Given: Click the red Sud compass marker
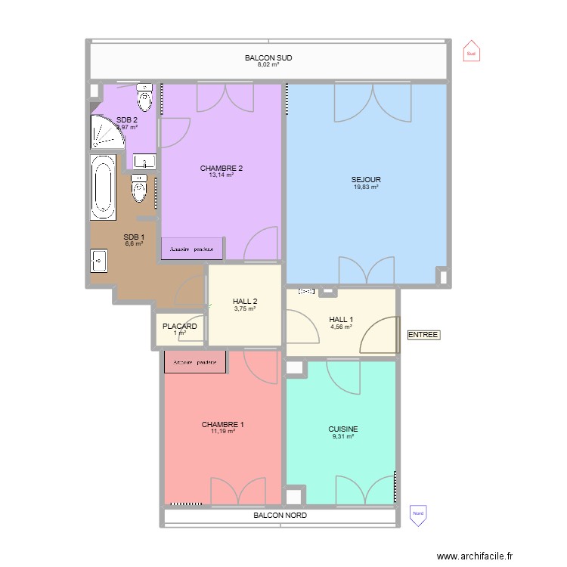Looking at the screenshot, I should pos(471,51).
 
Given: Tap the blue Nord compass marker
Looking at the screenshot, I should pos(417,515).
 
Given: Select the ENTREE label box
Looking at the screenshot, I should pos(423,335).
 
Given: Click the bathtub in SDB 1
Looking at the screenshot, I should pos(102,187).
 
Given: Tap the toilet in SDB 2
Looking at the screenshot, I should pos(144,96).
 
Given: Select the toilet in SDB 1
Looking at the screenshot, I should pos(139,188).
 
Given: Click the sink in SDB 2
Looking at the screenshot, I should pos(144,161).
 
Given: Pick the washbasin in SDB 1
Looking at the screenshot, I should pos(99,260).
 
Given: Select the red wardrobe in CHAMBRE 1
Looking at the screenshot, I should pos(196,361).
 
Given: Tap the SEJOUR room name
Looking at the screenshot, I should pos(366,180).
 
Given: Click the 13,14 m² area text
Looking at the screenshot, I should pos(222,175).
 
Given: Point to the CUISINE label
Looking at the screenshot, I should pos(343,429).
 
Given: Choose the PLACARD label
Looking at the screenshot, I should pos(180,327).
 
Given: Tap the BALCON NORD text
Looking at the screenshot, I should pos(280,515).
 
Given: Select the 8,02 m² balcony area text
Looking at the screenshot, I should pos(268,65).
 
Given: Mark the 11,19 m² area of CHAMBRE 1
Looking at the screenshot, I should pos(223,432).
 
